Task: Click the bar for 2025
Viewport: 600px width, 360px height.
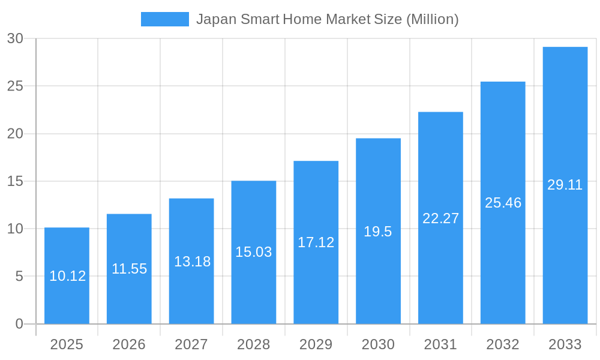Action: [67, 252]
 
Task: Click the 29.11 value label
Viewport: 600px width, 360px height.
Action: [565, 185]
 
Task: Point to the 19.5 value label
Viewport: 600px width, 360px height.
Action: [378, 232]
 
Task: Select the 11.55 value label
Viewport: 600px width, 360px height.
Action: [129, 269]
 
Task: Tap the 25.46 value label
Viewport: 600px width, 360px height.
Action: [503, 203]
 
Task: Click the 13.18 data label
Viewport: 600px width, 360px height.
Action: [192, 262]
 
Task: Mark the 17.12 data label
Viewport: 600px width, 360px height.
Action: [316, 242]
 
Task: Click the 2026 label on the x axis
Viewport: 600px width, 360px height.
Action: [129, 344]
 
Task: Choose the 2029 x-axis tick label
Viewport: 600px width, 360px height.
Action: [316, 344]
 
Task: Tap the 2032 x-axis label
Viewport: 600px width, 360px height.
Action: [503, 344]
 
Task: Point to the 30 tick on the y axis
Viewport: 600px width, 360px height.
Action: [15, 38]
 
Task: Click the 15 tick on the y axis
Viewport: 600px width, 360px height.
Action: [15, 181]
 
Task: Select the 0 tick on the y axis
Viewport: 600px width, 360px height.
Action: [19, 324]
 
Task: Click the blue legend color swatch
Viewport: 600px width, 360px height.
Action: [165, 19]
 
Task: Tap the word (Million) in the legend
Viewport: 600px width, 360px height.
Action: [433, 19]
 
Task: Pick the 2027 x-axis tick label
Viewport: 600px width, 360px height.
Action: [191, 344]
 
